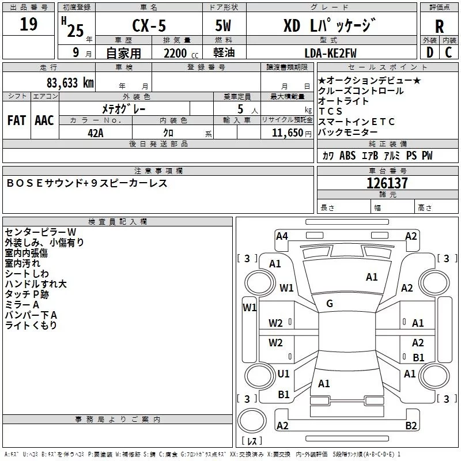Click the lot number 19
28,24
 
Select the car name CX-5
149,25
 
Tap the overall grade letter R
439,27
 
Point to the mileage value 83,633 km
70,83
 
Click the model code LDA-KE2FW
330,53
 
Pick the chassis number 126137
387,183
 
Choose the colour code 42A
96,133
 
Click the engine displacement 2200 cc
181,53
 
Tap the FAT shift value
17,120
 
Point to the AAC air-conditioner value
44,120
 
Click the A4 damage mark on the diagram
282,236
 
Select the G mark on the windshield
330,304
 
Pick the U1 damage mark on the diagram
284,373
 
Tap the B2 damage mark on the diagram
411,425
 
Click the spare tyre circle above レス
252,421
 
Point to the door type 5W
223,25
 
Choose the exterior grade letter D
430,52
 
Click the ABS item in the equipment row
347,156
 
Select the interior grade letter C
448,52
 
